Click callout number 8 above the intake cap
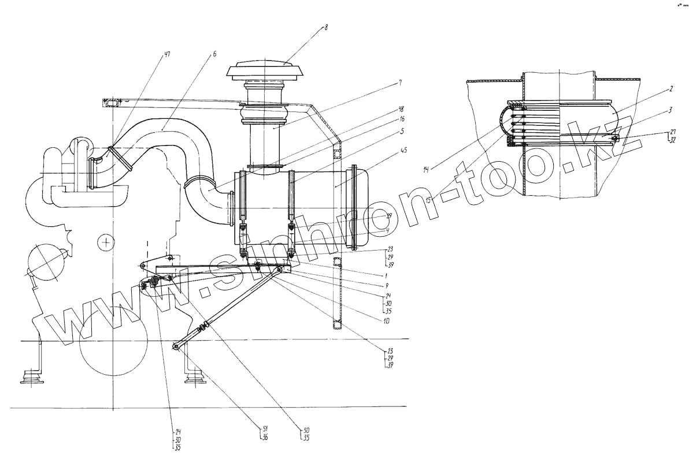pyautogui.click(x=325, y=27)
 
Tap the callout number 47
pyautogui.click(x=167, y=55)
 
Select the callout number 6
pyautogui.click(x=214, y=54)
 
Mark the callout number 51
pyautogui.click(x=266, y=428)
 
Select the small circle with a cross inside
pyautogui.click(x=106, y=243)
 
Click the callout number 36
pyautogui.click(x=266, y=438)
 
